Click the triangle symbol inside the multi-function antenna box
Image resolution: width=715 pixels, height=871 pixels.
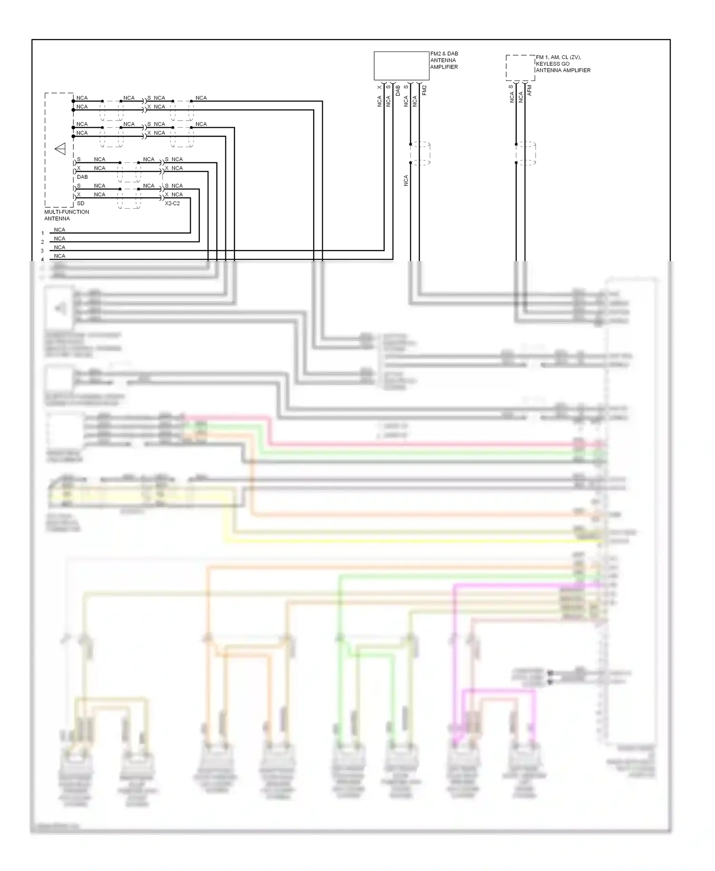[x=61, y=150]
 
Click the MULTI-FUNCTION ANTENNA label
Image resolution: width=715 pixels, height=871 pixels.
[x=66, y=215]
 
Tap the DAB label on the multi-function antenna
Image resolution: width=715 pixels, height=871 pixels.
[x=82, y=177]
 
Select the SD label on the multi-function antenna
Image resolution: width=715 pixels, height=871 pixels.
[x=81, y=203]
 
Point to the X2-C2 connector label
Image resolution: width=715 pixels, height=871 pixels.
[x=172, y=203]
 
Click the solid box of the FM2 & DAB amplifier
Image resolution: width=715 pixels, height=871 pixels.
[x=401, y=66]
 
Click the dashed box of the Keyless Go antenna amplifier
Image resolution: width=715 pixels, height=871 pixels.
[x=520, y=68]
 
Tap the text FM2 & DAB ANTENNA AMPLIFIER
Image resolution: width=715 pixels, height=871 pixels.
[x=444, y=61]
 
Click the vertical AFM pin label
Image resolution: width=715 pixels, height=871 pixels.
[x=530, y=91]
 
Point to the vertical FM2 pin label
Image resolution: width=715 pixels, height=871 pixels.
[x=424, y=90]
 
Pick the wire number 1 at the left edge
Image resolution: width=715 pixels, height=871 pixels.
[x=42, y=233]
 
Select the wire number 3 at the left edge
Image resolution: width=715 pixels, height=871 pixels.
[x=42, y=251]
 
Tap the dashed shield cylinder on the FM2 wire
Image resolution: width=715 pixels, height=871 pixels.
[x=420, y=153]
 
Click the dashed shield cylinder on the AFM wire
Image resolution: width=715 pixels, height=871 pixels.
[x=526, y=153]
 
